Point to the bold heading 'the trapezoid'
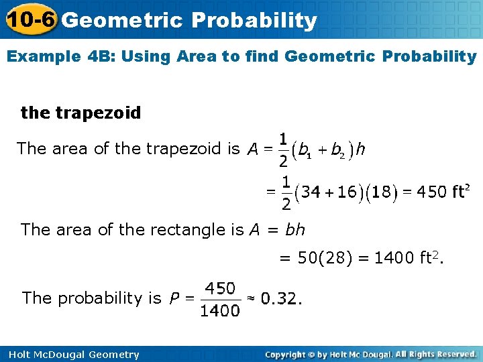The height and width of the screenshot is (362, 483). (x=81, y=113)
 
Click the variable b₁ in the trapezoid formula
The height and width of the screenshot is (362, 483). (x=305, y=150)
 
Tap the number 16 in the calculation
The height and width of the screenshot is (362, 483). (x=347, y=192)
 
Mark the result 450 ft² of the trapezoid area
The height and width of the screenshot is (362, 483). (x=441, y=192)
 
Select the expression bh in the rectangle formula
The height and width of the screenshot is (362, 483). (x=294, y=230)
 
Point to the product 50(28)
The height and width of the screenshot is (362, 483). (x=325, y=257)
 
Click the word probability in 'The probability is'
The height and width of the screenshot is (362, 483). (x=110, y=298)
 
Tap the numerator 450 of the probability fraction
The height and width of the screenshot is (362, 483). (x=219, y=288)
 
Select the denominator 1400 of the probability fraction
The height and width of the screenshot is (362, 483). (x=219, y=310)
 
